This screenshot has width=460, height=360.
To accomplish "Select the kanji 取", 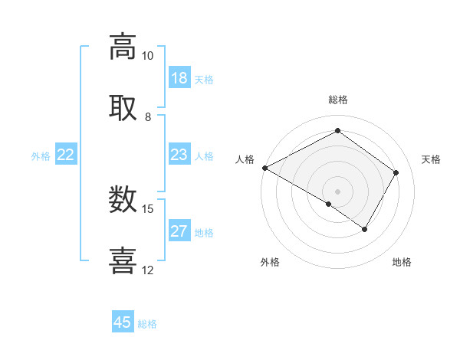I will pos(123,108).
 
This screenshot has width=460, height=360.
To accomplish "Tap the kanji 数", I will pos(123,200).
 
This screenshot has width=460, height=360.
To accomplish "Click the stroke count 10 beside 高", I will pos(147,56).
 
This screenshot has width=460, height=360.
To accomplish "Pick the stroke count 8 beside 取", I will pos(147,117).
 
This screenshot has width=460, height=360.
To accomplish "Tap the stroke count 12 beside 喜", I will pos(147,270).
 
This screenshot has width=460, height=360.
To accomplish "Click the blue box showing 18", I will pos(179,78).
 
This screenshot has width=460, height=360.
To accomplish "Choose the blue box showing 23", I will pos(179,155).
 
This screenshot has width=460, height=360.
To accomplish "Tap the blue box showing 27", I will pos(179,231).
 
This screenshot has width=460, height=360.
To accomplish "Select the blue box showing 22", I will pos(65,155).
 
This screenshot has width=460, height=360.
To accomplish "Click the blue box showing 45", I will pos(123,322).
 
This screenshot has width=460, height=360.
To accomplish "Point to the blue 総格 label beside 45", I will pos(147,324).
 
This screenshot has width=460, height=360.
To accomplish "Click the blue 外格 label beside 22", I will pos(41,156).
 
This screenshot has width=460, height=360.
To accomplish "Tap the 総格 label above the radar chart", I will pos(338,100).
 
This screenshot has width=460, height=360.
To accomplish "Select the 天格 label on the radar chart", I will pos(431,159).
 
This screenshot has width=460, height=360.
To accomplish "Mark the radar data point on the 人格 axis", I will pos(264,168).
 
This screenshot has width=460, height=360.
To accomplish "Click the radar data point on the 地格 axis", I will pos(365,229).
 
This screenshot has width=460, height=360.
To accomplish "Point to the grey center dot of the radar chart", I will pos(338,191).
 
